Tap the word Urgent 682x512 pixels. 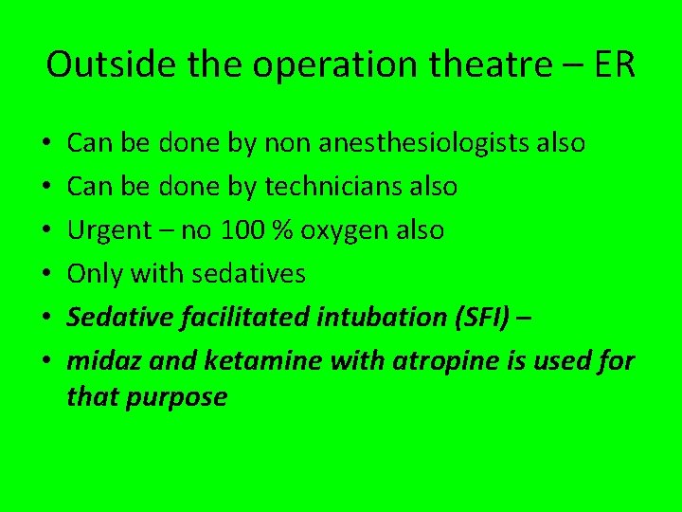[x=109, y=230]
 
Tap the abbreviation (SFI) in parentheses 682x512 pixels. [x=481, y=318]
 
